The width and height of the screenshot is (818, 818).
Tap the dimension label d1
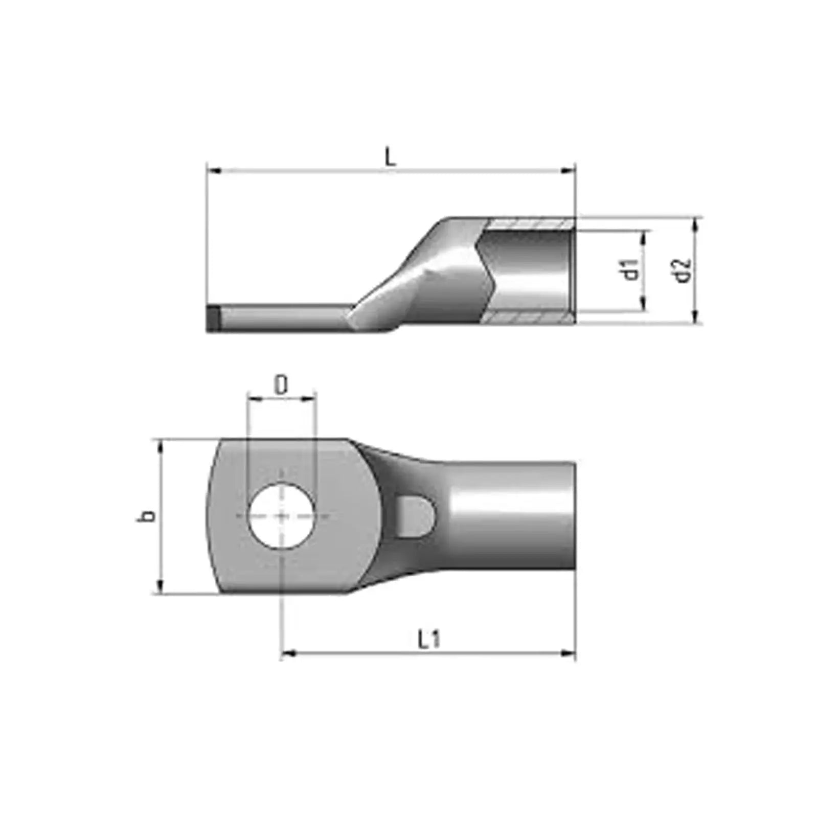click(x=632, y=269)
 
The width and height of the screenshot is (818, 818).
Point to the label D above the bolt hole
click(x=281, y=386)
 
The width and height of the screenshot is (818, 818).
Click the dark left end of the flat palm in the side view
click(x=213, y=319)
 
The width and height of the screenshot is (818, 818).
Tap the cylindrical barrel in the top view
click(x=511, y=516)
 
